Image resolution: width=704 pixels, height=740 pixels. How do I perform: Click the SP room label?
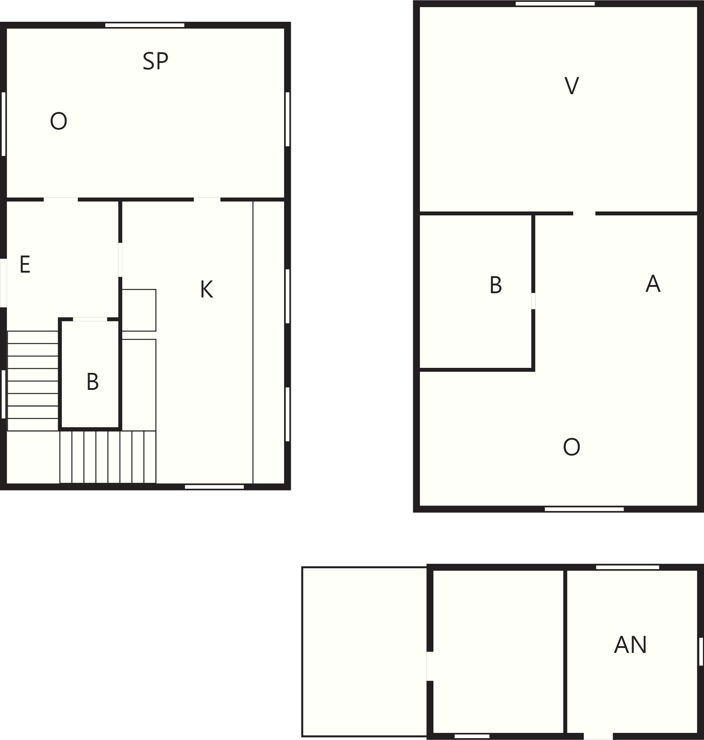155,61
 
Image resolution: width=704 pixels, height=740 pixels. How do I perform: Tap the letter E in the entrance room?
25,264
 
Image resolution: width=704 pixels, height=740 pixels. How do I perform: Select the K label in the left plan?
206,289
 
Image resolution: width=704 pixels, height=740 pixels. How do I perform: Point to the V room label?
571,86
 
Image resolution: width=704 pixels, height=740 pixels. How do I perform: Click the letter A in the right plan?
653,284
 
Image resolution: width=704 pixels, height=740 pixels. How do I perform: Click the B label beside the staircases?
93,382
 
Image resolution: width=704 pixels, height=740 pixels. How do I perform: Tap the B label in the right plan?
496,285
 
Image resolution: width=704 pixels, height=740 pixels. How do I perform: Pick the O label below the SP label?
59,121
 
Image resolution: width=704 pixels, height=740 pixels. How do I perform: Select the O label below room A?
571,447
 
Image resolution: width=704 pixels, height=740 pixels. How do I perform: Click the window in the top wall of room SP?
144,26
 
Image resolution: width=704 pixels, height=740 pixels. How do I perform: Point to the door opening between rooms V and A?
584,213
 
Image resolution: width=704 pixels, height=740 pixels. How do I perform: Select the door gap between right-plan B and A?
533,301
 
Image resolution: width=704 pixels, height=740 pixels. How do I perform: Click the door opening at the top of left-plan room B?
90,320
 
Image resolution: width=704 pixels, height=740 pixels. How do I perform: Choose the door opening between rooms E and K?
120,260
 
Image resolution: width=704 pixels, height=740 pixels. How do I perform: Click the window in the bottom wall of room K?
214,487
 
